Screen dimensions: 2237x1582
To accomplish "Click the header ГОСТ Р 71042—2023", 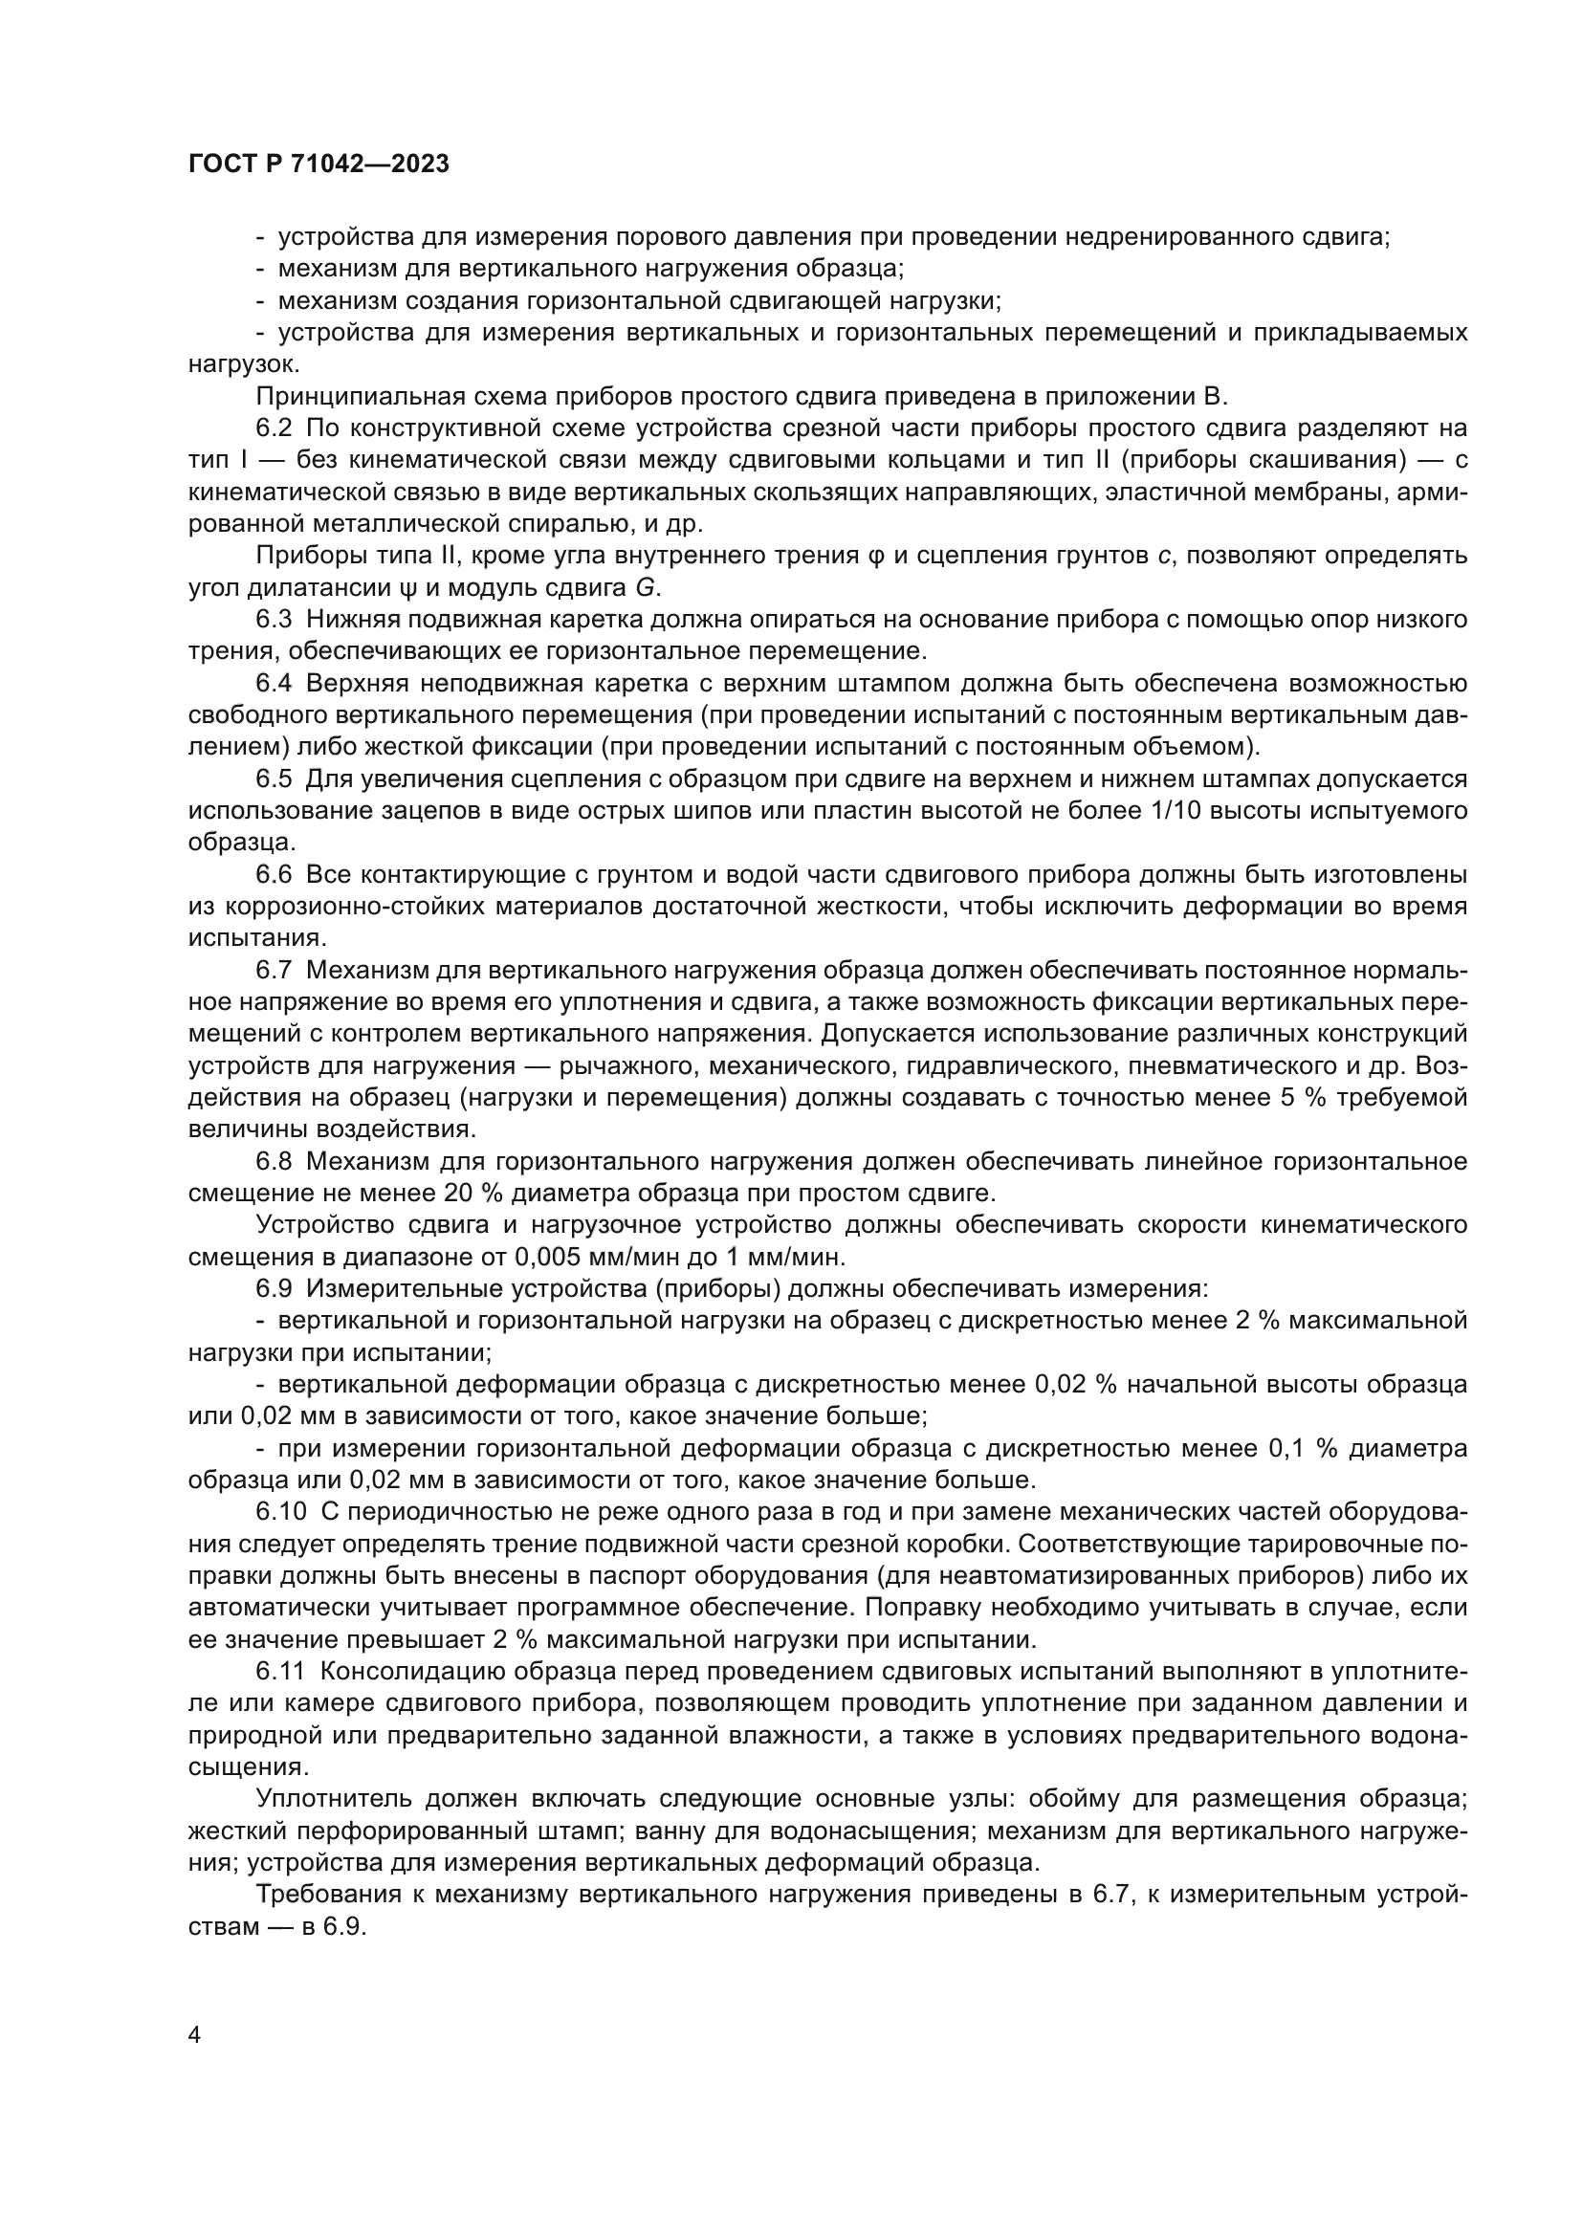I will [319, 164].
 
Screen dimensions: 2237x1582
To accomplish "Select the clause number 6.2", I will [274, 428].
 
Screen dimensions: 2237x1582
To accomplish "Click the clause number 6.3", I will [274, 619].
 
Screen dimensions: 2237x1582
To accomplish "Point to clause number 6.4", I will [274, 683].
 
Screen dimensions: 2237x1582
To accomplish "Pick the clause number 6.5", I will [274, 779].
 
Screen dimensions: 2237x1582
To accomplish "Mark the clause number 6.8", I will [274, 1160].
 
